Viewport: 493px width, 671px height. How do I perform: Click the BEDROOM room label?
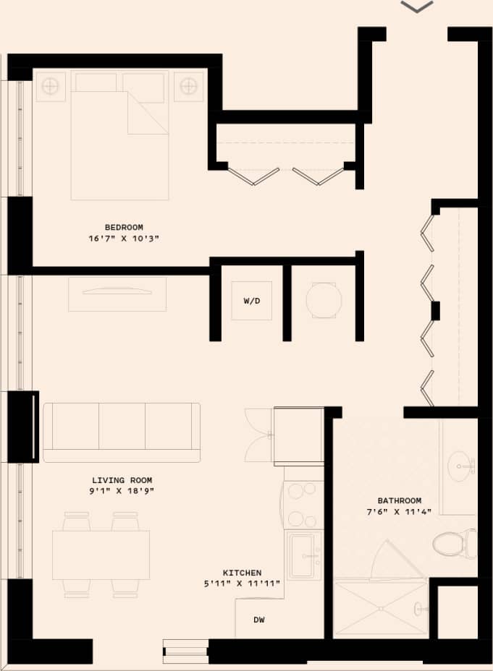[x=123, y=227]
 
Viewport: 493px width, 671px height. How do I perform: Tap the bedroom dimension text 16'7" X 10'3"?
[x=123, y=238]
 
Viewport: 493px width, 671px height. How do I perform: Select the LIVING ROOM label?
[x=122, y=480]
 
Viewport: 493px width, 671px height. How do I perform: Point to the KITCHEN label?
[x=243, y=573]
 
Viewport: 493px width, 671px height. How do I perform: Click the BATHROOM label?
[x=399, y=500]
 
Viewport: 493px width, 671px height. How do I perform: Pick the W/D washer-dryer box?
[x=251, y=301]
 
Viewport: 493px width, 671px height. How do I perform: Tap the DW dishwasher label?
[x=258, y=620]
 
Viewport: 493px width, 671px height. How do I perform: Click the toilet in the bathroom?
[x=455, y=542]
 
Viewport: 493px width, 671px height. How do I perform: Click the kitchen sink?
[x=303, y=555]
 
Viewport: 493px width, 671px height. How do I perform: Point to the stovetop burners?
[x=302, y=504]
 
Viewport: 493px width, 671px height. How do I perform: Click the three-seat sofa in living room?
[x=122, y=432]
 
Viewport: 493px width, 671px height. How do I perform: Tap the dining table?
[x=101, y=555]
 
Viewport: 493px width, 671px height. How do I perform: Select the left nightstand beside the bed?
[x=50, y=87]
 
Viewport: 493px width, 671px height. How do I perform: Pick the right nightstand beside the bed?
[x=188, y=87]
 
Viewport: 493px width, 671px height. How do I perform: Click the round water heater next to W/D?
[x=323, y=300]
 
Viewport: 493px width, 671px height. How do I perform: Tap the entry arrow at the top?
[x=416, y=7]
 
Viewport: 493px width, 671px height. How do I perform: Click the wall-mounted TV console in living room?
[x=117, y=294]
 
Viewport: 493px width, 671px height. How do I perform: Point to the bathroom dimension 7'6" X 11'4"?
[x=399, y=512]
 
